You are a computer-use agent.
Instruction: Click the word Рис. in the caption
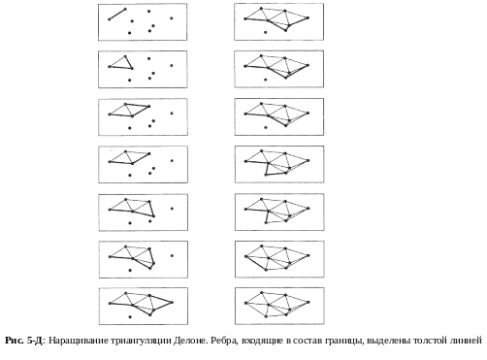pyautogui.click(x=14, y=341)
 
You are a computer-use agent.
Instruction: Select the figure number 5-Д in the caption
pyautogui.click(x=34, y=341)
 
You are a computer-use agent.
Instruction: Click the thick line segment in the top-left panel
pyautogui.click(x=117, y=15)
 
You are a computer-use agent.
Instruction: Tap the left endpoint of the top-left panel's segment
pyautogui.click(x=110, y=19)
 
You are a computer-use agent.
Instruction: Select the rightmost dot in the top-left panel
pyautogui.click(x=172, y=18)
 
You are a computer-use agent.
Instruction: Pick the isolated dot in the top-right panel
pyautogui.click(x=266, y=32)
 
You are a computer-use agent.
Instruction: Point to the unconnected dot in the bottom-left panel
pyautogui.click(x=130, y=317)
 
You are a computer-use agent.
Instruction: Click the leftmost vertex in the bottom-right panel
pyautogui.click(x=246, y=303)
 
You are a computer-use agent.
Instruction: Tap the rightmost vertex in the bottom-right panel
pyautogui.click(x=308, y=303)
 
